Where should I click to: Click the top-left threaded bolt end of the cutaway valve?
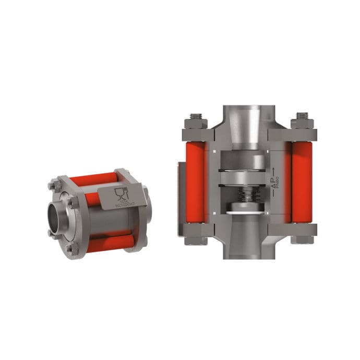coord(197,116)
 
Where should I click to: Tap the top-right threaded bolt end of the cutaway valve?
coord(302,116)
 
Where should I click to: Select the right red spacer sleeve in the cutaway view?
coord(302,175)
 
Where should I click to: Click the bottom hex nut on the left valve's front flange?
coord(69,249)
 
